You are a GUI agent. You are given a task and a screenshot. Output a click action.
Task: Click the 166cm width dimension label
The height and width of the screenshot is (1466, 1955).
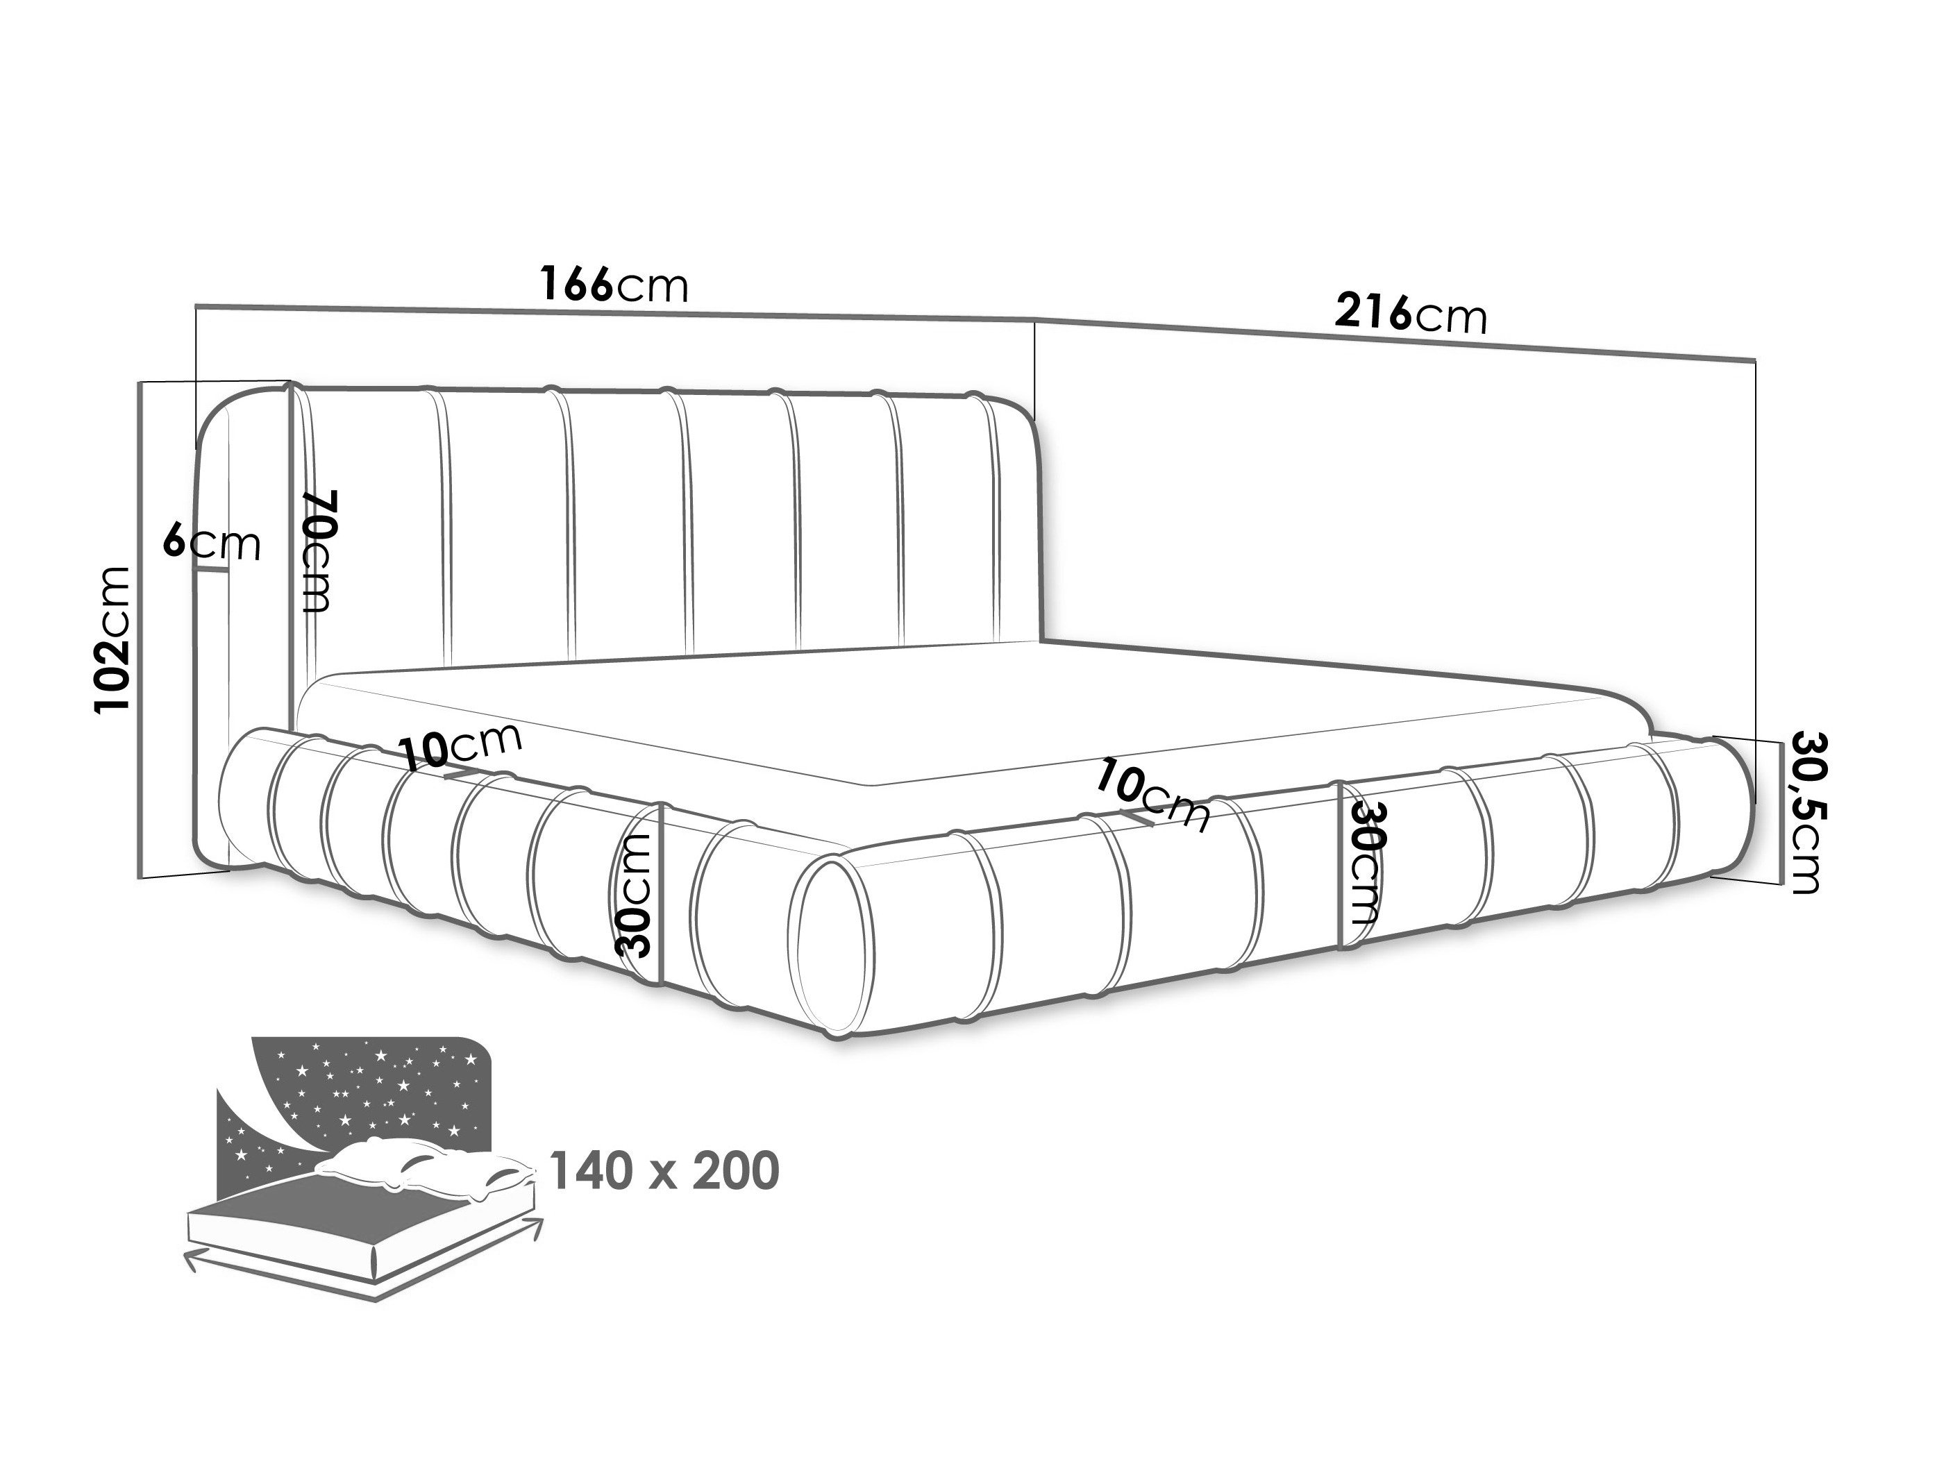pyautogui.click(x=614, y=285)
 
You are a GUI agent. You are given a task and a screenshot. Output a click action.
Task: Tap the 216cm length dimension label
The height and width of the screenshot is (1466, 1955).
pyautogui.click(x=1411, y=313)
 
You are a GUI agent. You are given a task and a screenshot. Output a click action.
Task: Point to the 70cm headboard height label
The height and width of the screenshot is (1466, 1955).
pyautogui.click(x=317, y=550)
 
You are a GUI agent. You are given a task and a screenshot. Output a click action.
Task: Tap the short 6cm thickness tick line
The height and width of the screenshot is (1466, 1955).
pyautogui.click(x=212, y=570)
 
